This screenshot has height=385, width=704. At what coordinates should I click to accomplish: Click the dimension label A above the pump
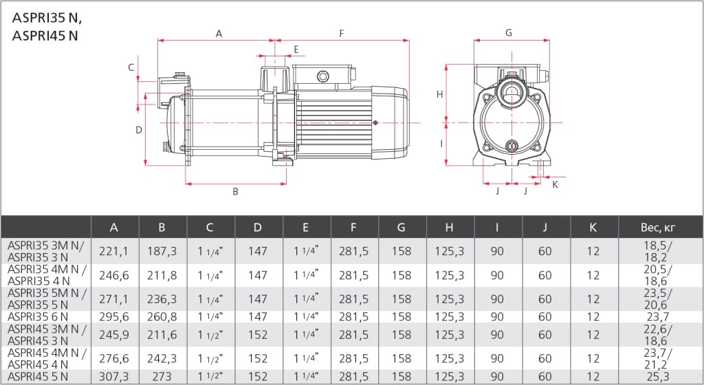tap(219, 33)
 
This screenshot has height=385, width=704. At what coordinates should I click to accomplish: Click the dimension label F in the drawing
tap(341, 33)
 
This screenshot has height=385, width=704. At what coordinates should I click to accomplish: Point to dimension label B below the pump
tap(235, 192)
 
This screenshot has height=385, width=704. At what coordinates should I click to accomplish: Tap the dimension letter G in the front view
tap(509, 32)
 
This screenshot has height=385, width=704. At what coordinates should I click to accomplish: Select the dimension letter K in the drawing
tap(555, 184)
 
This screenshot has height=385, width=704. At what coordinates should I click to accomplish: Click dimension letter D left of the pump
tap(138, 130)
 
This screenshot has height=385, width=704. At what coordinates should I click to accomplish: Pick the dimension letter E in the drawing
tap(296, 49)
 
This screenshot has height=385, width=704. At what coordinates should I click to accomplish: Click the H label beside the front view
tap(440, 95)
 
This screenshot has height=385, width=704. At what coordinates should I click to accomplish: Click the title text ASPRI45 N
tap(45, 36)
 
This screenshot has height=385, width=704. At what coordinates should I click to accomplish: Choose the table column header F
tap(354, 228)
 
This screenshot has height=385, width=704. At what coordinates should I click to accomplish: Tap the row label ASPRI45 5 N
tap(38, 377)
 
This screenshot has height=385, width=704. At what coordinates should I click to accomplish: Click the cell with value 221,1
tap(114, 252)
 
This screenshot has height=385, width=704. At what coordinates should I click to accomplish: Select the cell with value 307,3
tap(114, 377)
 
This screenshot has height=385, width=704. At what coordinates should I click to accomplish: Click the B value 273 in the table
tap(162, 377)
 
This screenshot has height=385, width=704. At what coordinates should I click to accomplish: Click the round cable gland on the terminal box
tap(322, 76)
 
